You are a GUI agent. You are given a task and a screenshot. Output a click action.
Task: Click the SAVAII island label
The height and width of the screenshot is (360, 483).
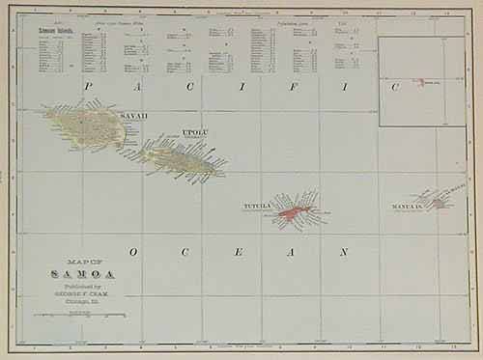[x=134, y=116]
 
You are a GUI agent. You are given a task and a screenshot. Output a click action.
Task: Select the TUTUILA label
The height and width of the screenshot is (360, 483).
[x=256, y=205]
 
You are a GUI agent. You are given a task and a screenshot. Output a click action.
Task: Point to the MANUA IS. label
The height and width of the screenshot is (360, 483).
[x=408, y=207]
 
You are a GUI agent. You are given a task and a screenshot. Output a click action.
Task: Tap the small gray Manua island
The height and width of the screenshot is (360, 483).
[x=440, y=203]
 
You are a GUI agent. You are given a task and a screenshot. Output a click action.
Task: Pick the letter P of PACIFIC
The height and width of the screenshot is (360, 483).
[x=88, y=87]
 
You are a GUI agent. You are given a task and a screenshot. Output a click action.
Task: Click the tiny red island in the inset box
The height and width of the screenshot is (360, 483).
[x=423, y=82]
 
